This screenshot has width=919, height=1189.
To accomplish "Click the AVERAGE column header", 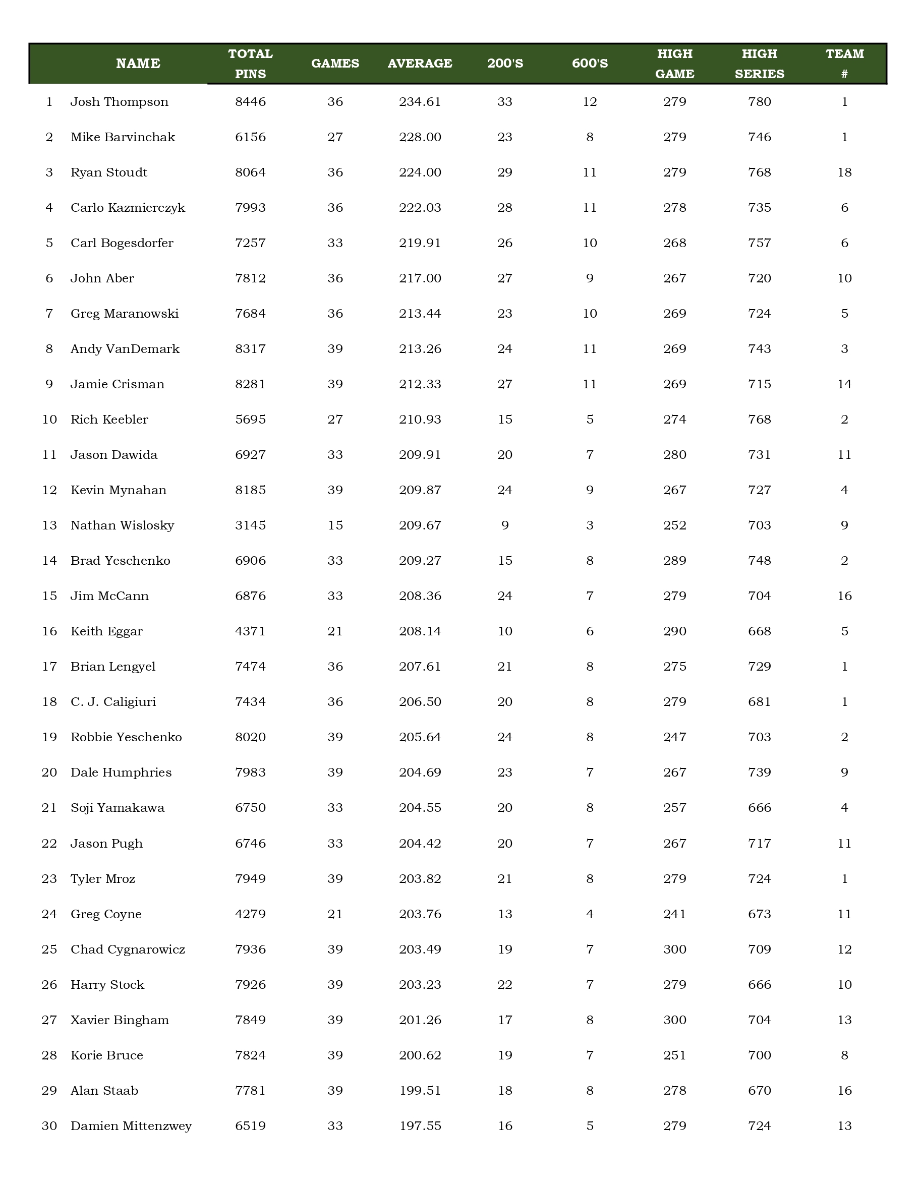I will pos(420,63).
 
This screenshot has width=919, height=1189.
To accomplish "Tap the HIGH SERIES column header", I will pos(760,63).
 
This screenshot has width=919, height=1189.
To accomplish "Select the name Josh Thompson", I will pos(119,102).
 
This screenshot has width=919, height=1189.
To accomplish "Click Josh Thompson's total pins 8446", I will pos(251,102).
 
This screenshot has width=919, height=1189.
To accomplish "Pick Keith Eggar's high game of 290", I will pos(674,631).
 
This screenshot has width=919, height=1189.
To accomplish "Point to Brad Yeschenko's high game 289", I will pos(674,561).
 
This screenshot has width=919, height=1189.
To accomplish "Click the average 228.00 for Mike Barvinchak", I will pos(420,137).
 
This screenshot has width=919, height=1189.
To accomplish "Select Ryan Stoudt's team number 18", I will pos(844,172).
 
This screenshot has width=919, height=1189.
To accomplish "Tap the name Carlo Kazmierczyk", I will pos(128,208).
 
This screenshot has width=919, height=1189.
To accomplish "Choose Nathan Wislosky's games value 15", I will pos(335,525).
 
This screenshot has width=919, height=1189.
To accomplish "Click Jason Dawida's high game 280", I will pos(674,455).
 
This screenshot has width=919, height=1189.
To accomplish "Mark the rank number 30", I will pos(49,1126).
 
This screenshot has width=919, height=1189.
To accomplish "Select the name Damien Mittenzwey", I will pos(131,1126).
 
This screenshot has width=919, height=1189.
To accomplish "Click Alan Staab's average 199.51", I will pos(420,1091).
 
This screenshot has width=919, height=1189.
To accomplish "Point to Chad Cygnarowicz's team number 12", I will pos(844,949).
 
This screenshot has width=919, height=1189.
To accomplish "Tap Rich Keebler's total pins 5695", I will pos(251,419).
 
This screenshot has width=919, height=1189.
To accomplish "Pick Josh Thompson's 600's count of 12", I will pos(590,102).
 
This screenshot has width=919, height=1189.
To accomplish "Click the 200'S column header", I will pos(505,63).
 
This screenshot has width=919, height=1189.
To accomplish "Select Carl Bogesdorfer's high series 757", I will pos(760,243).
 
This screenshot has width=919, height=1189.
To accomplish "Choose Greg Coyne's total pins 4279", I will pos(251,914).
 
